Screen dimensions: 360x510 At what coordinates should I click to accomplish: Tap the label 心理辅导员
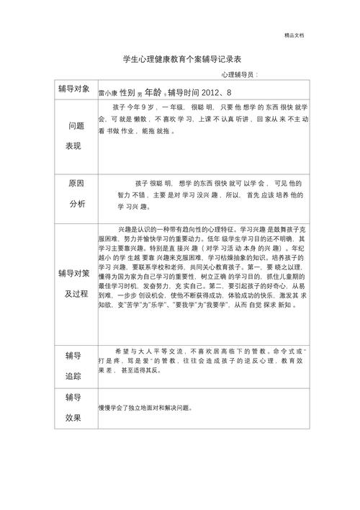(x=238, y=75)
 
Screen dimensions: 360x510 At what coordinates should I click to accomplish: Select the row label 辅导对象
(x=74, y=89)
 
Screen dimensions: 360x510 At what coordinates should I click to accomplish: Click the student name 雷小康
(x=107, y=93)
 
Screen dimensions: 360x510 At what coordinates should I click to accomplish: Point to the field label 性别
(x=127, y=92)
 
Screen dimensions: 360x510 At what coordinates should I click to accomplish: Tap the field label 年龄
(x=153, y=92)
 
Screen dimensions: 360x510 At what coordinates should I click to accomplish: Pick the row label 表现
(x=74, y=146)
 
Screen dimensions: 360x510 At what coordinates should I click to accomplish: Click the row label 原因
(x=76, y=184)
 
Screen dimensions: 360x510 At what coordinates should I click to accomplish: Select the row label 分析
(x=76, y=204)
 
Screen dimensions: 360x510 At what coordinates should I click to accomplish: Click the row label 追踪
(x=73, y=376)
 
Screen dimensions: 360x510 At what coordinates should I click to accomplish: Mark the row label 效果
(x=73, y=417)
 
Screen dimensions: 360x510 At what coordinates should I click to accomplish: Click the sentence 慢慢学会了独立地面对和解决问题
(x=146, y=408)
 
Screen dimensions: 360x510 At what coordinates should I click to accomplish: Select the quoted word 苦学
(x=127, y=305)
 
